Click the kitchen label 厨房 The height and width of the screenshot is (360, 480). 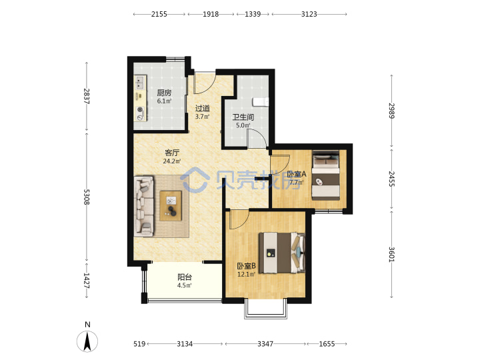[164, 93]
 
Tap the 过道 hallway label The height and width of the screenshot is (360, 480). [203, 109]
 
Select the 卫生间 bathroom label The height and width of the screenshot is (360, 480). [243, 117]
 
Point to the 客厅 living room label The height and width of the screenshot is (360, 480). [172, 153]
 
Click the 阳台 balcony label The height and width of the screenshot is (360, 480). [185, 277]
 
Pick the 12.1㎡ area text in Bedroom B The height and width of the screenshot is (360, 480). [246, 274]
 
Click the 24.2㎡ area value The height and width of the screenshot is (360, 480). [172, 161]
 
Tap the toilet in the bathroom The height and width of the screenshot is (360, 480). [261, 102]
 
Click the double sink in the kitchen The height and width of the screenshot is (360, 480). [140, 83]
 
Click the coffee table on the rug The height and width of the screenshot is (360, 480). [171, 205]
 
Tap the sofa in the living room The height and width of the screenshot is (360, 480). [144, 206]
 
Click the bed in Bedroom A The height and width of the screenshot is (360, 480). [326, 175]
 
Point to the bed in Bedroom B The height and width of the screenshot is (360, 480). [282, 253]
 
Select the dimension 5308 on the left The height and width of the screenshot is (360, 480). [87, 197]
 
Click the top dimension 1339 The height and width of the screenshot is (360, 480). [253, 14]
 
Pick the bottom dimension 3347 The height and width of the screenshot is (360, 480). [265, 344]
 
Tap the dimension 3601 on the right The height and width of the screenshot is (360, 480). [392, 255]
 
